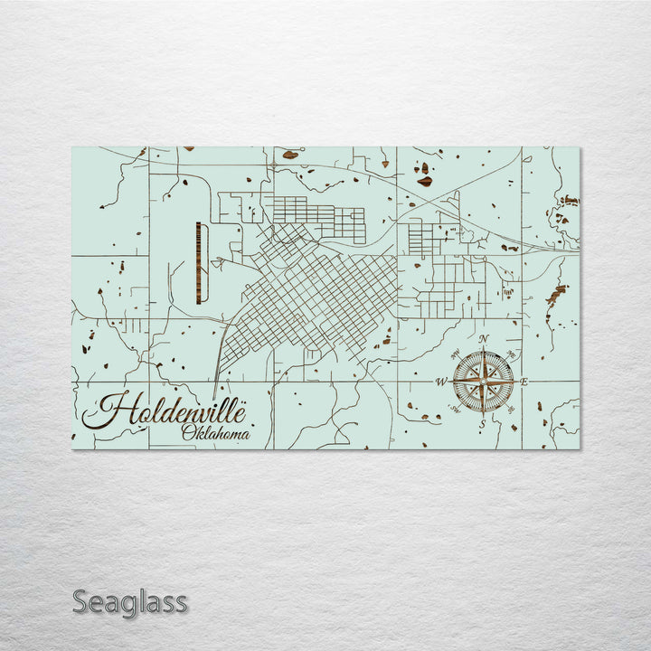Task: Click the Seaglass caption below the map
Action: point(130,601)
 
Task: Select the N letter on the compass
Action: point(484,339)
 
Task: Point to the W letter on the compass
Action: point(441,382)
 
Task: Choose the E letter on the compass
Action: point(524,382)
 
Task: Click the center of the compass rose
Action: point(483,381)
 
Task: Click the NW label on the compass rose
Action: point(456,354)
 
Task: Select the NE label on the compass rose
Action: point(511,354)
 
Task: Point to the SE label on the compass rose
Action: point(511,409)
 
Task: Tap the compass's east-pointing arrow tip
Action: point(517,381)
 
